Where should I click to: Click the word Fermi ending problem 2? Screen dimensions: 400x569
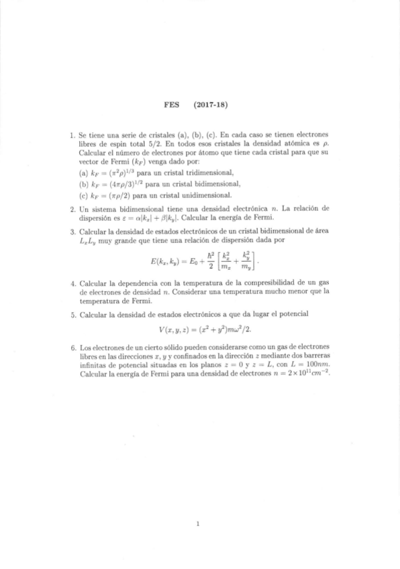279,218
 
